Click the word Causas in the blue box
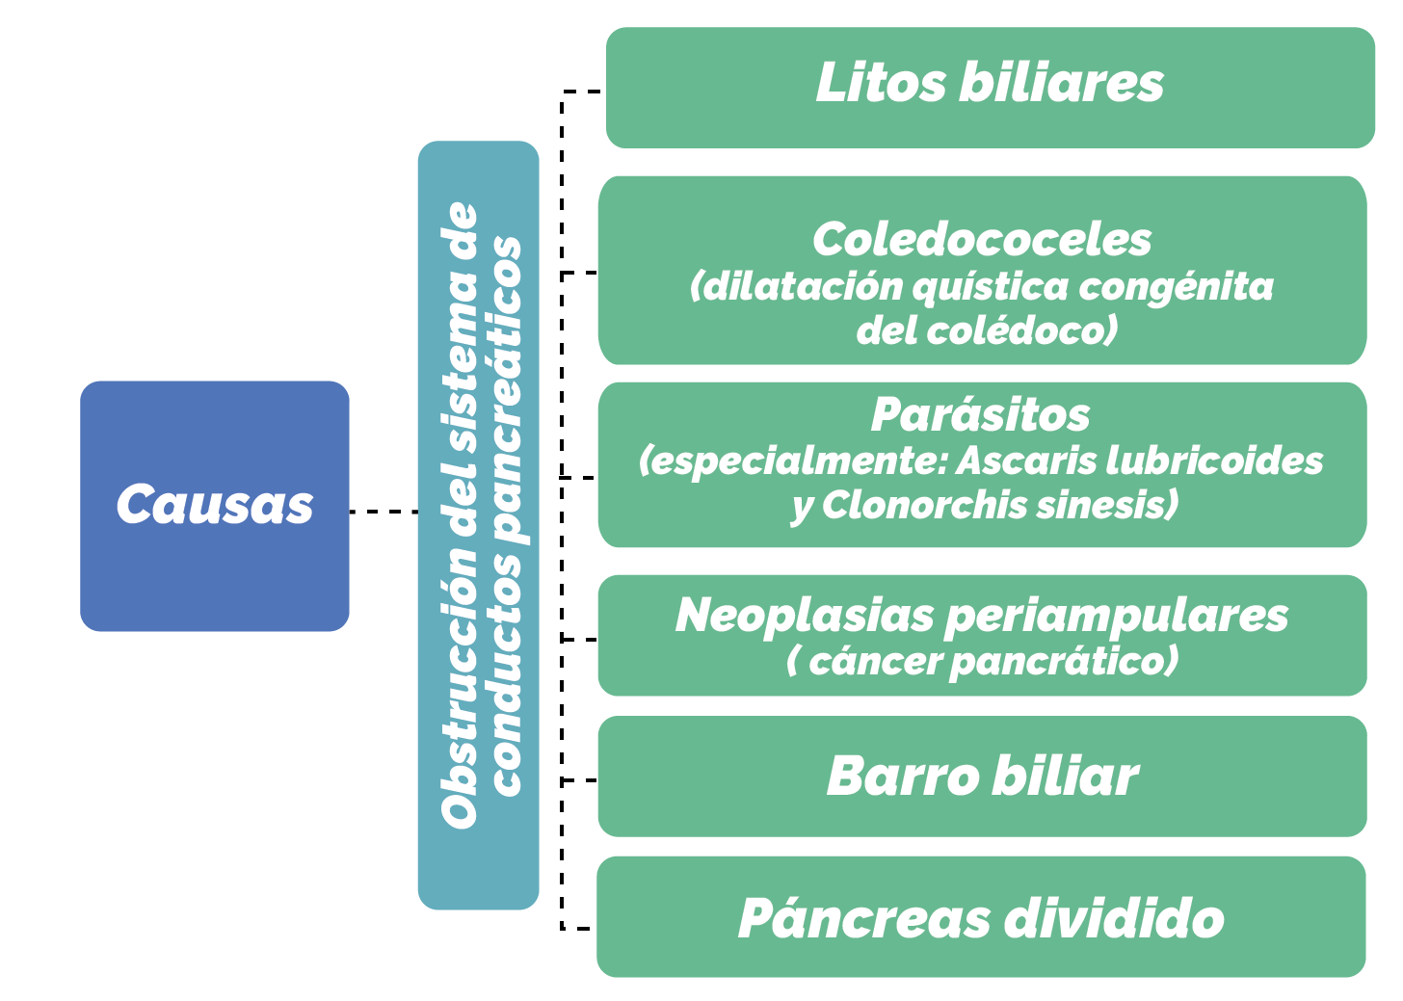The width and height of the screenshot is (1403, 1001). [215, 504]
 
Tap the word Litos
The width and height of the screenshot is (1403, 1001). [881, 82]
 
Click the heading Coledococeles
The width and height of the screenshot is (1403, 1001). [982, 239]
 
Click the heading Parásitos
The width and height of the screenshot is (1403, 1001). [981, 414]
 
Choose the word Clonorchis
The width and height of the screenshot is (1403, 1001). [925, 505]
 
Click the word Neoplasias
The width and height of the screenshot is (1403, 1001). [805, 615]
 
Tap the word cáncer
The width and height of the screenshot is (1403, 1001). [877, 662]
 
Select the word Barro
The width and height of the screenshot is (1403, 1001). [903, 777]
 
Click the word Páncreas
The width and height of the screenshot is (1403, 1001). [865, 918]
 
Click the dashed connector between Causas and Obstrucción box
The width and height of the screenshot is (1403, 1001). [384, 512]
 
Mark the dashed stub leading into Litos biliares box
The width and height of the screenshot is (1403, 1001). [582, 92]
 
